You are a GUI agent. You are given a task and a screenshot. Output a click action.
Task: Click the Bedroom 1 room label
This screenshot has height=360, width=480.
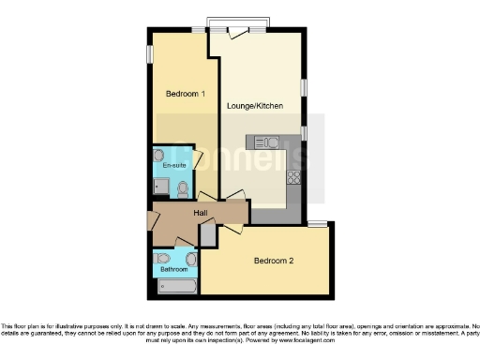tap(185, 94)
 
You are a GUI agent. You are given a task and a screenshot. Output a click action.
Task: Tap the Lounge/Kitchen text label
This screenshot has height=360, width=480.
tap(254, 107)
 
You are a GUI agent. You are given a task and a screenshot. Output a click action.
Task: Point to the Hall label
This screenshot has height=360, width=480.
tap(201, 214)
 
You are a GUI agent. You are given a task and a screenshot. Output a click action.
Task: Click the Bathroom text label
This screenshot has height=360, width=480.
tap(173, 269)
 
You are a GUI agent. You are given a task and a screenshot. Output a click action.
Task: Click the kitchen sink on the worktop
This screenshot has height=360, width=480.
tap(261, 142)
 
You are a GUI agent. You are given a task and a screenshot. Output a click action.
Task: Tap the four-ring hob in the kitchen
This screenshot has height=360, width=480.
tap(293, 176)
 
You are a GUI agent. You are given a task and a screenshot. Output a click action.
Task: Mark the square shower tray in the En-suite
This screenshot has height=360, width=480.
tap(161, 187)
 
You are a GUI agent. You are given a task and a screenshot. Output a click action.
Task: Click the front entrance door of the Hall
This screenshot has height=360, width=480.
tap(154, 222)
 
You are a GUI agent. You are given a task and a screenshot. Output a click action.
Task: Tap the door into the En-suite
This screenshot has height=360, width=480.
tap(197, 158)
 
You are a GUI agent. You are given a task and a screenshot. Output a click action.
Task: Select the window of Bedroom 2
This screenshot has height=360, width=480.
tap(318, 223)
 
